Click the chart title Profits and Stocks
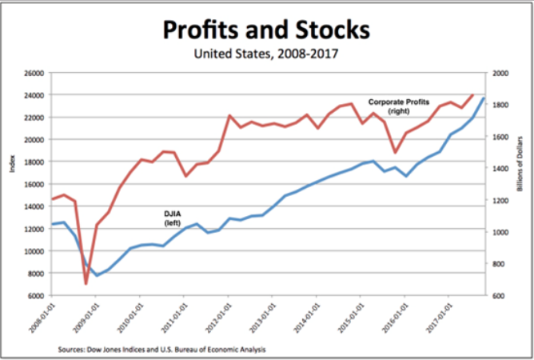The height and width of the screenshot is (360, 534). tap(267, 30)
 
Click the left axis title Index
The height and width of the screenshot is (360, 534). tap(12, 165)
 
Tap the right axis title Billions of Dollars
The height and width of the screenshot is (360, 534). tap(520, 184)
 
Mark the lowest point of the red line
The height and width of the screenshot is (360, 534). tap(86, 283)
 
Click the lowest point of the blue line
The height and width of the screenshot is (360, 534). tap(98, 275)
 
